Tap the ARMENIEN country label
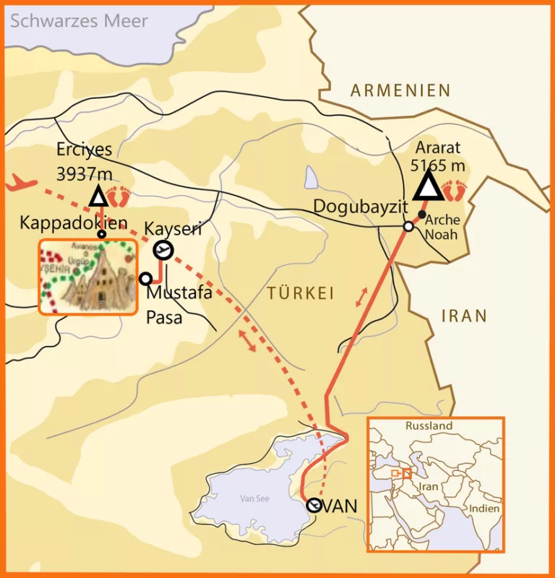tap(400, 90)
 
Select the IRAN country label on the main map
tap(463, 316)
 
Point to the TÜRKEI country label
tap(300, 293)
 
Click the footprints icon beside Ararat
tap(455, 191)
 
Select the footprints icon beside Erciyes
tap(118, 197)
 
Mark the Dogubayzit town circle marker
tap(408, 226)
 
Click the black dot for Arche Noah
tap(421, 214)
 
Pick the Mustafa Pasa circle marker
tap(145, 278)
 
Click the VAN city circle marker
tap(314, 506)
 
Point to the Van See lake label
tap(254, 499)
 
